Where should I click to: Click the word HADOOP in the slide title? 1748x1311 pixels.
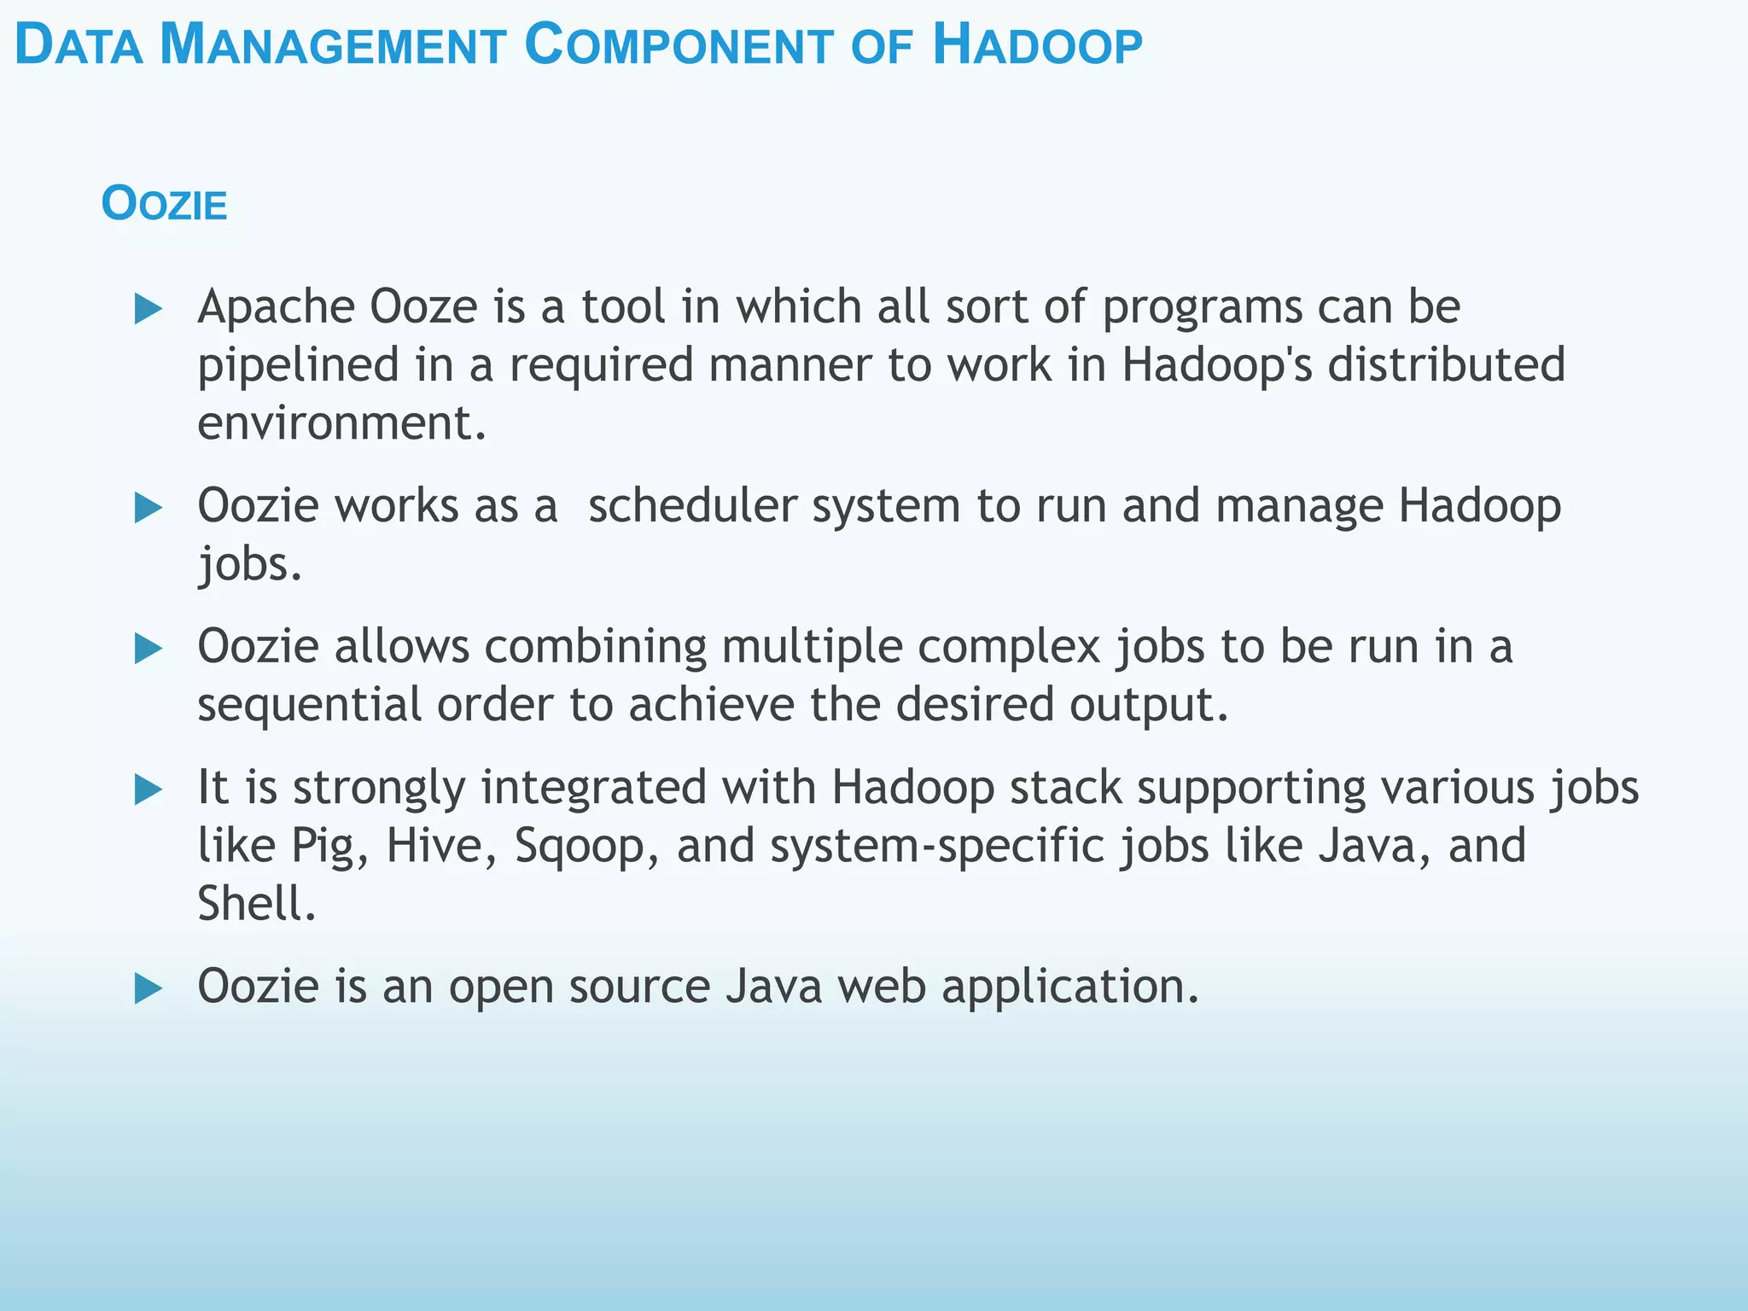[x=1037, y=45]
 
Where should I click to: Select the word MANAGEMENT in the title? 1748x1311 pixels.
[x=333, y=45]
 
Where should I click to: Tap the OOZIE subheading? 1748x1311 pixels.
[x=164, y=205]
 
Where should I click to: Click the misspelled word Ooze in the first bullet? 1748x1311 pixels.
[x=423, y=306]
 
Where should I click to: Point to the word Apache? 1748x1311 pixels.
[x=276, y=306]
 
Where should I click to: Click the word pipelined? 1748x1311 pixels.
[x=298, y=365]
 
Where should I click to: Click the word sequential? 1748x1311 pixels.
[x=309, y=705]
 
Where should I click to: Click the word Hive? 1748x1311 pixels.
[x=434, y=845]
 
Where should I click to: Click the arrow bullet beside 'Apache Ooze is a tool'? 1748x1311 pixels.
[x=149, y=308]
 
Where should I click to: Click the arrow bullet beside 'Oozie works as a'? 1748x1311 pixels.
[x=149, y=508]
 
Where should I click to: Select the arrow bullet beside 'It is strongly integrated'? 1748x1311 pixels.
[x=149, y=790]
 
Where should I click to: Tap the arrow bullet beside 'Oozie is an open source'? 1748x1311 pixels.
[x=149, y=988]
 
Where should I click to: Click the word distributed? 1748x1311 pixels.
[x=1446, y=364]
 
